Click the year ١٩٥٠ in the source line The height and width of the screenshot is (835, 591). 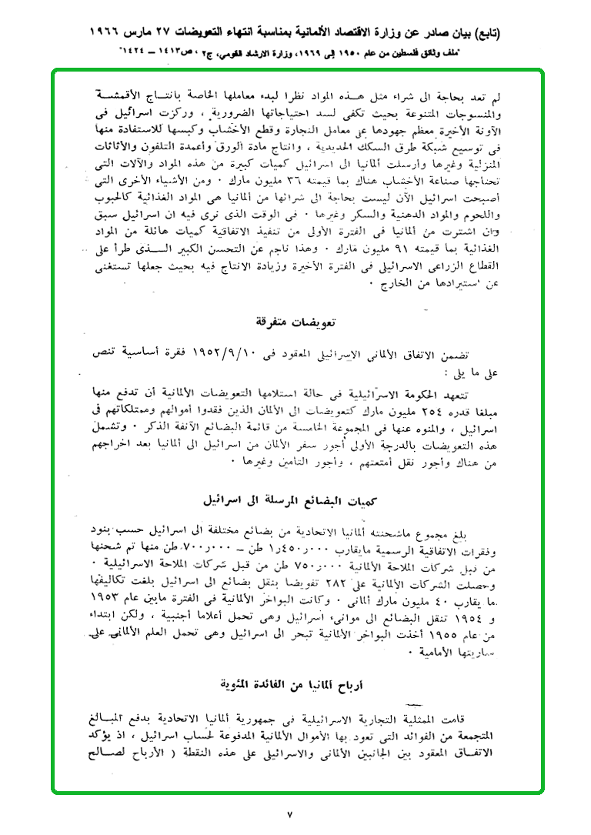[x=351, y=55]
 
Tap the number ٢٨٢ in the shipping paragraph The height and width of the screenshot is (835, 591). [x=352, y=562]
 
